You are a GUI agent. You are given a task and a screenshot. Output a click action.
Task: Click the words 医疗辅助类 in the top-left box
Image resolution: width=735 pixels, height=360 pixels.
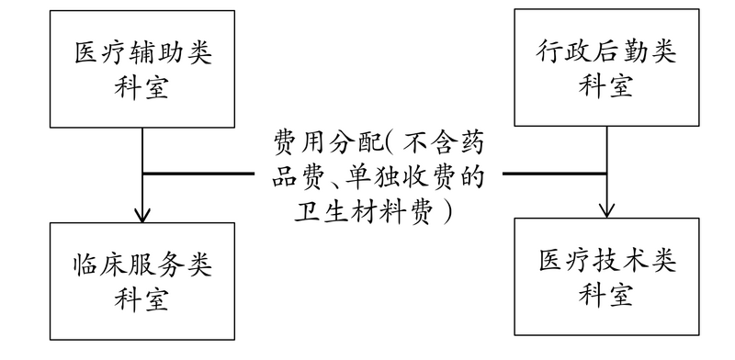(x=143, y=54)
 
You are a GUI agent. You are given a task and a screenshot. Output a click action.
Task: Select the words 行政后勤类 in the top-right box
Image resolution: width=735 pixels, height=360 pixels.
(x=605, y=53)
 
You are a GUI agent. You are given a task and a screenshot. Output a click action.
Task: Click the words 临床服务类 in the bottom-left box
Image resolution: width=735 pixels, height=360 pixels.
(x=143, y=264)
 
